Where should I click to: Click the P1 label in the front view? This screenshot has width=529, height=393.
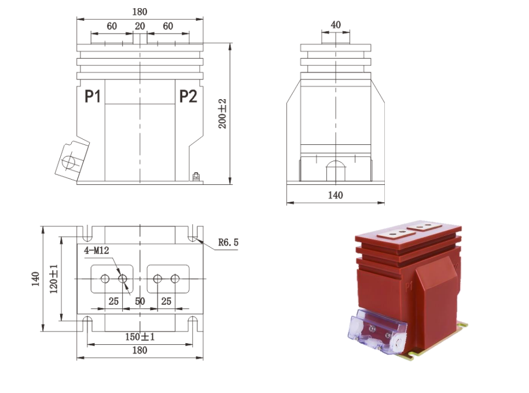93,96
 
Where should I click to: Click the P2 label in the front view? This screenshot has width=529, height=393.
188,96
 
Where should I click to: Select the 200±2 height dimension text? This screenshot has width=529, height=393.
223,114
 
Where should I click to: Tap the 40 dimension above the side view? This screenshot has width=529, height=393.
336,25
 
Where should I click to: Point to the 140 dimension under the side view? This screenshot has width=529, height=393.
335,195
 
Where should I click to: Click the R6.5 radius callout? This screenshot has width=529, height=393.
228,242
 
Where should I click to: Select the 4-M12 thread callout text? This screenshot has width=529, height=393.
97,250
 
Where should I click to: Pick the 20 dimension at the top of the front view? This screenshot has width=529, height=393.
139,26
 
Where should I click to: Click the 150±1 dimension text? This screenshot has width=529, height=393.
139,337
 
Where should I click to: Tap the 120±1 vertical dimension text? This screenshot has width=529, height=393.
54,279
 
